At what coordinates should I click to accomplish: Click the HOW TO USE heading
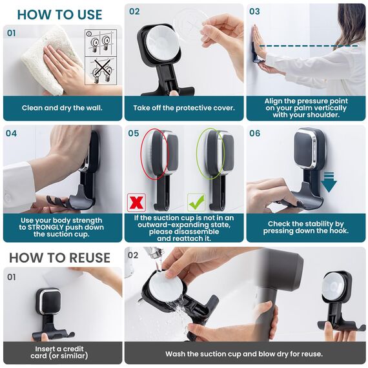(x=59, y=15)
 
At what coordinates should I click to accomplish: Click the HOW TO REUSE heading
(x=59, y=258)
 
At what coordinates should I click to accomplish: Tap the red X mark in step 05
(x=136, y=202)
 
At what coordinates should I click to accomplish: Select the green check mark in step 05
(x=196, y=202)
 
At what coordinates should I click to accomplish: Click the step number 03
(x=254, y=11)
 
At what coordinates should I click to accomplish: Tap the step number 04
(x=11, y=133)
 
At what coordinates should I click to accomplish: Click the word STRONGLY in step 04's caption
(x=46, y=227)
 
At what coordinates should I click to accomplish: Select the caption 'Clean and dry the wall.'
(x=62, y=108)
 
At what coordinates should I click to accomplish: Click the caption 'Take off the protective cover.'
(x=184, y=108)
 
